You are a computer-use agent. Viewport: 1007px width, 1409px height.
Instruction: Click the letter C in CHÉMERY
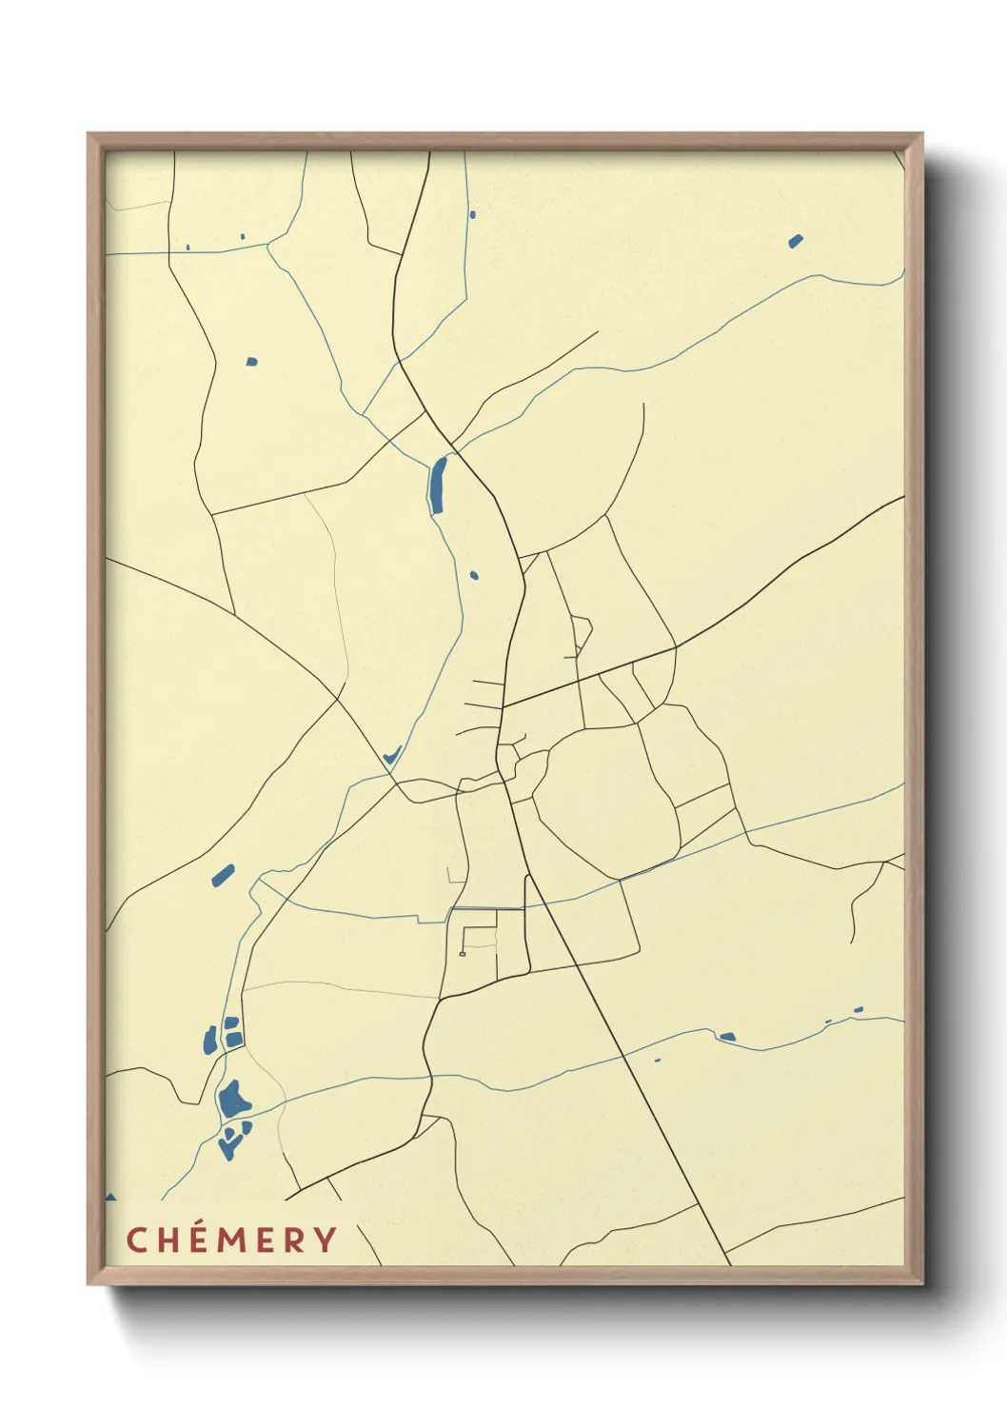pos(136,1240)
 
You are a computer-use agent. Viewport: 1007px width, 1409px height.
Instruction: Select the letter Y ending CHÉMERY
pos(326,1240)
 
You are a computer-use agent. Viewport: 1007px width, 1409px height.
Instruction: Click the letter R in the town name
pos(295,1240)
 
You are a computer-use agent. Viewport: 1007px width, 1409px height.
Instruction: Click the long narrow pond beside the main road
pos(437,485)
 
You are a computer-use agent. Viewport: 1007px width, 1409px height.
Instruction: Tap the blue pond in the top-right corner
pos(796,241)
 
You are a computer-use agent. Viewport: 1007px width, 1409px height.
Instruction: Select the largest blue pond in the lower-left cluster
pos(233,1100)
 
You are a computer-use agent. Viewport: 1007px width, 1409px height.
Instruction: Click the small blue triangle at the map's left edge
pos(110,1197)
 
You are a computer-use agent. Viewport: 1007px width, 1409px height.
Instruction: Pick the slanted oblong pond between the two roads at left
pos(223,875)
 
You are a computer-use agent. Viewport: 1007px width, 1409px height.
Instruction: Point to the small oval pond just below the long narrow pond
pos(474,575)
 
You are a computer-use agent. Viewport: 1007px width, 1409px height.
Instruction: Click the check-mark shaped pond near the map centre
pos(390,756)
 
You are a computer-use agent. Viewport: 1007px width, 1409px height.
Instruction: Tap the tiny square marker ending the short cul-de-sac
pos(463,953)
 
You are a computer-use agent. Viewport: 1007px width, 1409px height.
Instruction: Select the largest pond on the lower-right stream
pos(727,1036)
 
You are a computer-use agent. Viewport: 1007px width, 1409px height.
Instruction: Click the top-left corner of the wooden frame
pos(89,134)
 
